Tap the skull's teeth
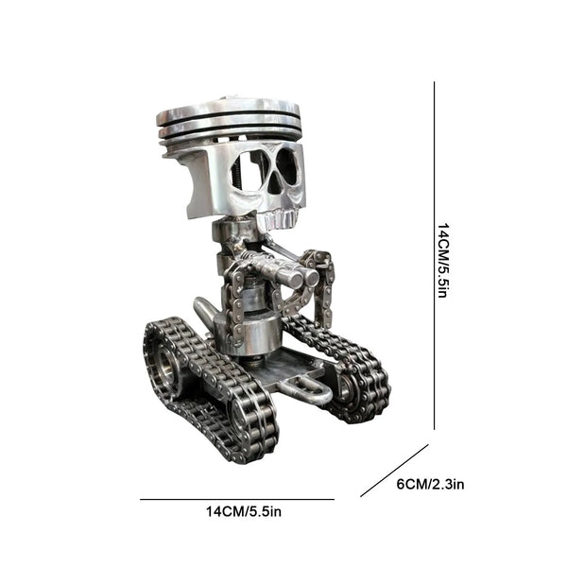(x=281, y=219)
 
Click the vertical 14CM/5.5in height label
(x=444, y=261)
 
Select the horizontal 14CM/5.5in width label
(x=244, y=511)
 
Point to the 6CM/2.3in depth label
(x=430, y=484)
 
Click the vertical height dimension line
(x=434, y=255)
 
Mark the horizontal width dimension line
(x=237, y=500)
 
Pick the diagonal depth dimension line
(x=394, y=471)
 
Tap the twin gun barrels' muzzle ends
(x=302, y=277)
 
